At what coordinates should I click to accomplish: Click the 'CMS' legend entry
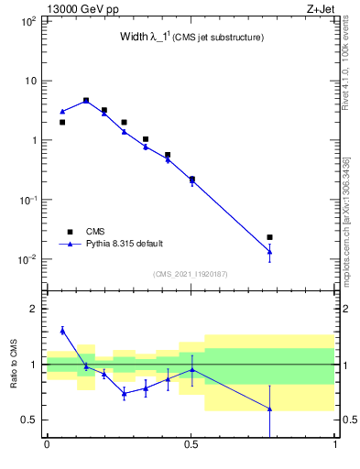95,232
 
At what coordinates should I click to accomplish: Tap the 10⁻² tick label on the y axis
27,259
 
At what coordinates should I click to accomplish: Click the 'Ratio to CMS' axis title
14,365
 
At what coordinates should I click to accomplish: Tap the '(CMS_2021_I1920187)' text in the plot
191,274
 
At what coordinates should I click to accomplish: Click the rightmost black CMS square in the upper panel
269,237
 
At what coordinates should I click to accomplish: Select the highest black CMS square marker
86,101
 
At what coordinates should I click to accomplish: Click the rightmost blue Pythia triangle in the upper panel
269,252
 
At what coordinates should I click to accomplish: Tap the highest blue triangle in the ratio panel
62,331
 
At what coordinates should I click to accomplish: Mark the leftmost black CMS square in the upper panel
62,122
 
